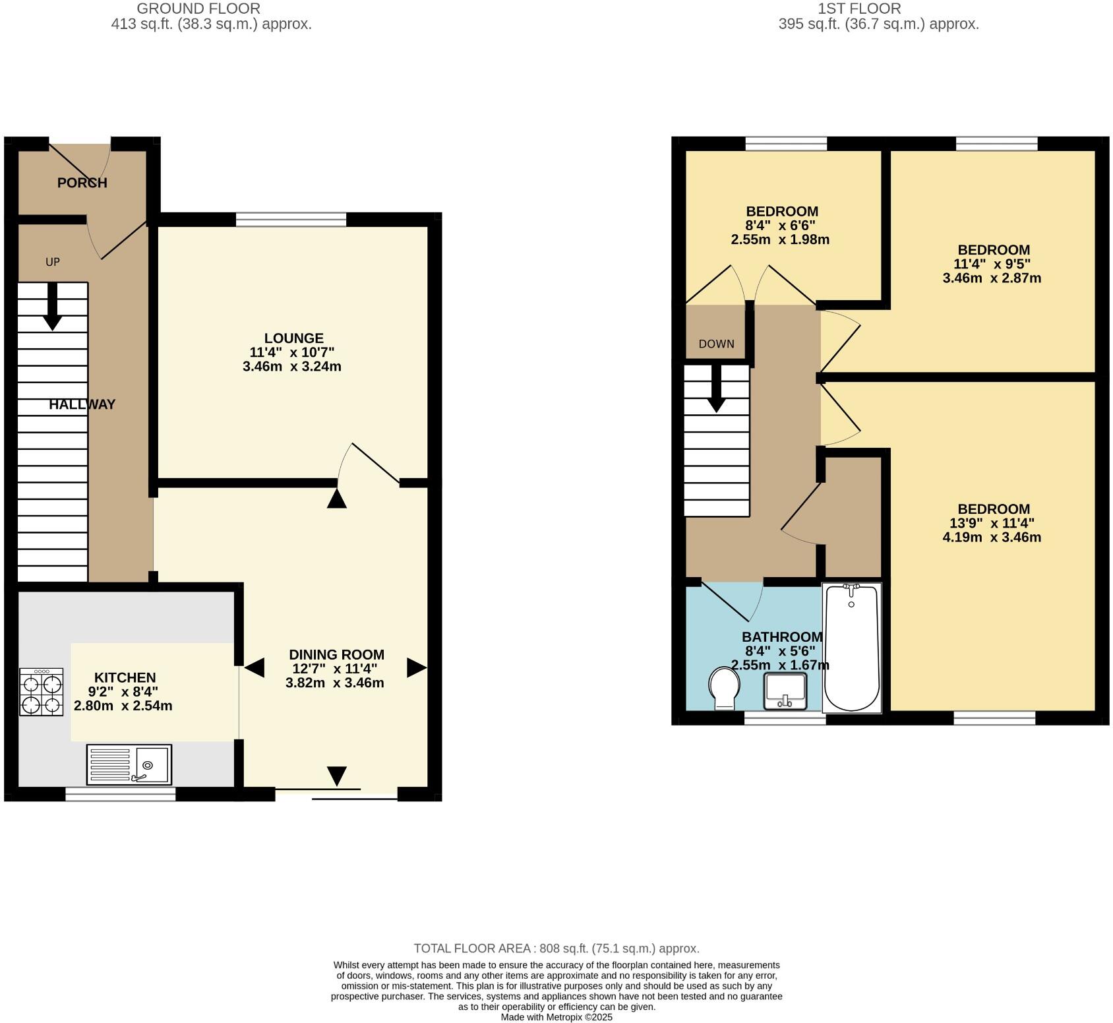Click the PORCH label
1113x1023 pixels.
(x=82, y=183)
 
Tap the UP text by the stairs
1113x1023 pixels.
(x=53, y=262)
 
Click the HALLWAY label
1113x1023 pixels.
(x=82, y=404)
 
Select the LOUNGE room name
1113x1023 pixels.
(x=293, y=338)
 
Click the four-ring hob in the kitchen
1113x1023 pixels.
(x=42, y=692)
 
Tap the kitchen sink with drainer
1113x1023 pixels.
(x=129, y=764)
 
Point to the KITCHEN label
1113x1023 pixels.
(x=125, y=677)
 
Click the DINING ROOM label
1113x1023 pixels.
(x=336, y=655)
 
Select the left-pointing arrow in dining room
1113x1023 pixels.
(x=255, y=667)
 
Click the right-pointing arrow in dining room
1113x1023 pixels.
(x=417, y=667)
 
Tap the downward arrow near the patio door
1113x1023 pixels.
(x=337, y=776)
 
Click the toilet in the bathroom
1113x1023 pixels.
(x=724, y=688)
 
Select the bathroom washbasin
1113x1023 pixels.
(x=785, y=691)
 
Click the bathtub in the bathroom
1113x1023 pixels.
(x=851, y=648)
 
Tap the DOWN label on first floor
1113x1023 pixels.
(x=716, y=344)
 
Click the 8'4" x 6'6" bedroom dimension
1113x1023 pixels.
(x=781, y=226)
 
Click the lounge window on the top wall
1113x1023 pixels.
(x=291, y=220)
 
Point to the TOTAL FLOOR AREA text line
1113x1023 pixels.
(x=556, y=948)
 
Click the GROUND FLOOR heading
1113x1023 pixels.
(x=198, y=9)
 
